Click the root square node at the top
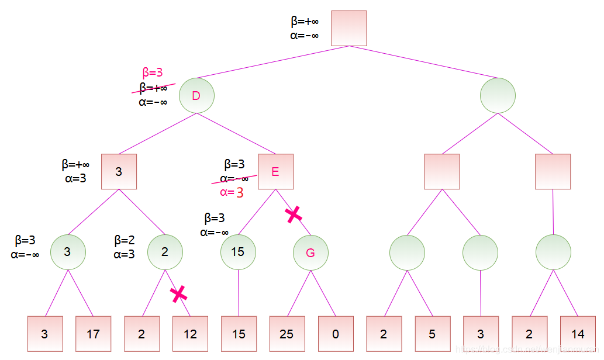[x=349, y=28]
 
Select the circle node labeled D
[x=196, y=95]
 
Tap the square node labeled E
[x=275, y=171]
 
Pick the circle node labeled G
[x=310, y=252]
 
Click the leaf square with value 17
[x=93, y=334]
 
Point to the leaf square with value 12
[x=190, y=334]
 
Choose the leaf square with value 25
[x=287, y=334]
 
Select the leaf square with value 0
[x=336, y=334]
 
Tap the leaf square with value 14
[x=578, y=334]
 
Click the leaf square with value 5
[x=432, y=334]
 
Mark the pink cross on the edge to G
[x=294, y=214]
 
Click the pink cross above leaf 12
[x=178, y=294]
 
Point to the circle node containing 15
[x=238, y=252]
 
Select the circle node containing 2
[x=165, y=252]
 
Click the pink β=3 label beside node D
[x=153, y=73]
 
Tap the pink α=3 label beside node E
[x=232, y=192]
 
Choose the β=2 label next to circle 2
[x=125, y=240]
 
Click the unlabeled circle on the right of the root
[x=498, y=95]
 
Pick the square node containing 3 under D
[x=119, y=171]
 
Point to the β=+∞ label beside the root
[x=305, y=22]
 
